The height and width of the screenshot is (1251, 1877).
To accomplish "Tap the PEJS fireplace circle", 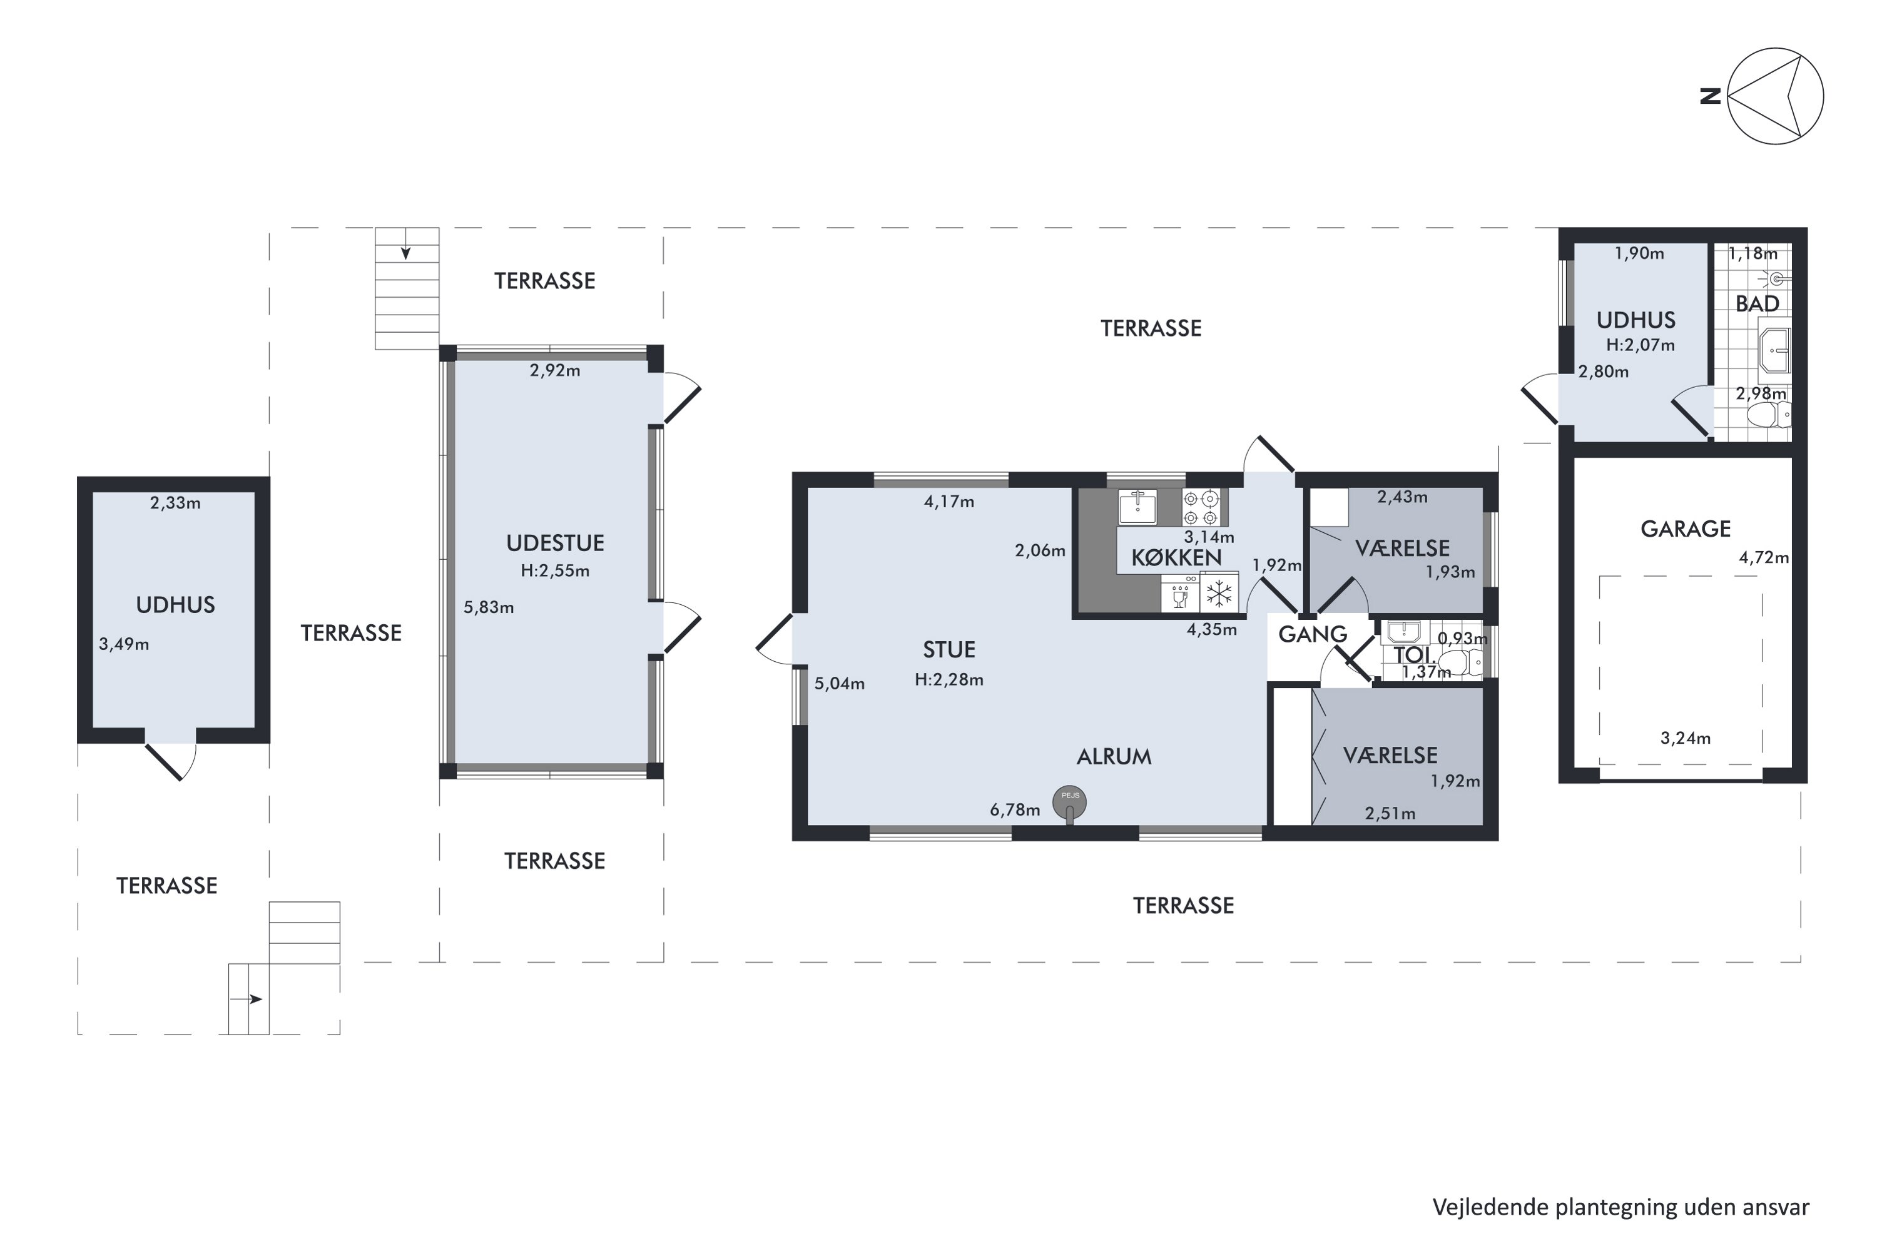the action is pos(1069,802).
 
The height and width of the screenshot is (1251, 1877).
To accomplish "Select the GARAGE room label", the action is pos(1686,529).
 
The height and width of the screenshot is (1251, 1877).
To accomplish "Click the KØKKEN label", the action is pos(1176,557).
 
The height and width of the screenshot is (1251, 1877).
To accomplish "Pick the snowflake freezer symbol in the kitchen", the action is pos(1219,593).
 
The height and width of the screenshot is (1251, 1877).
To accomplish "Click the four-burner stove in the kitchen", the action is pos(1201,507).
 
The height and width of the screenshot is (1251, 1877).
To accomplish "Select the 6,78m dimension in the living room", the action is pos(1014,811).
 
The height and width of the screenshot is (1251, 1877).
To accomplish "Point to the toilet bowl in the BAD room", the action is pos(1769,415).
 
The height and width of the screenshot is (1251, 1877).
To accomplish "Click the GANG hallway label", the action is pos(1313,634).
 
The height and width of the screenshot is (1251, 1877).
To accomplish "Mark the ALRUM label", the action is pos(1114,757).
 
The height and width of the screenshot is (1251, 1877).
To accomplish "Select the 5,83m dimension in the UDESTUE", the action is pos(489,608).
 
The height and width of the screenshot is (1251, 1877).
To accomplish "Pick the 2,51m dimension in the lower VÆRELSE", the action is pos(1390,814).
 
